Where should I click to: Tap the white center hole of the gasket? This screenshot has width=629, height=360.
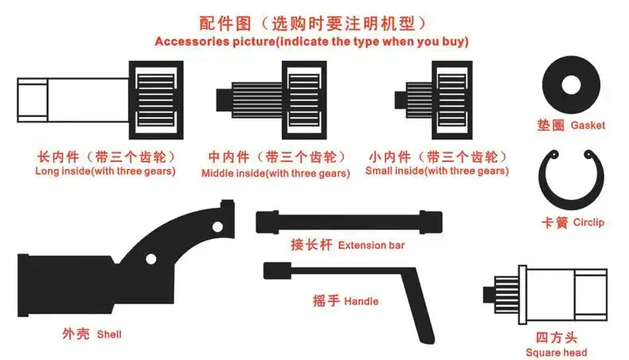570,84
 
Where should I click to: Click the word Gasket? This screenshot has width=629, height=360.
588,125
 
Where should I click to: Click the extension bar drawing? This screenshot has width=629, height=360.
349,221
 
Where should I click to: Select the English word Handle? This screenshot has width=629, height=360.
361,301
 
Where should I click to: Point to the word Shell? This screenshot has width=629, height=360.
109,335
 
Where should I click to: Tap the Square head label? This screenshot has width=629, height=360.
557,352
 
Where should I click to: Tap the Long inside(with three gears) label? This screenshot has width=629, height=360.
106,170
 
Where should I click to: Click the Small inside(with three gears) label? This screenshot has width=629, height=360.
436,170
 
